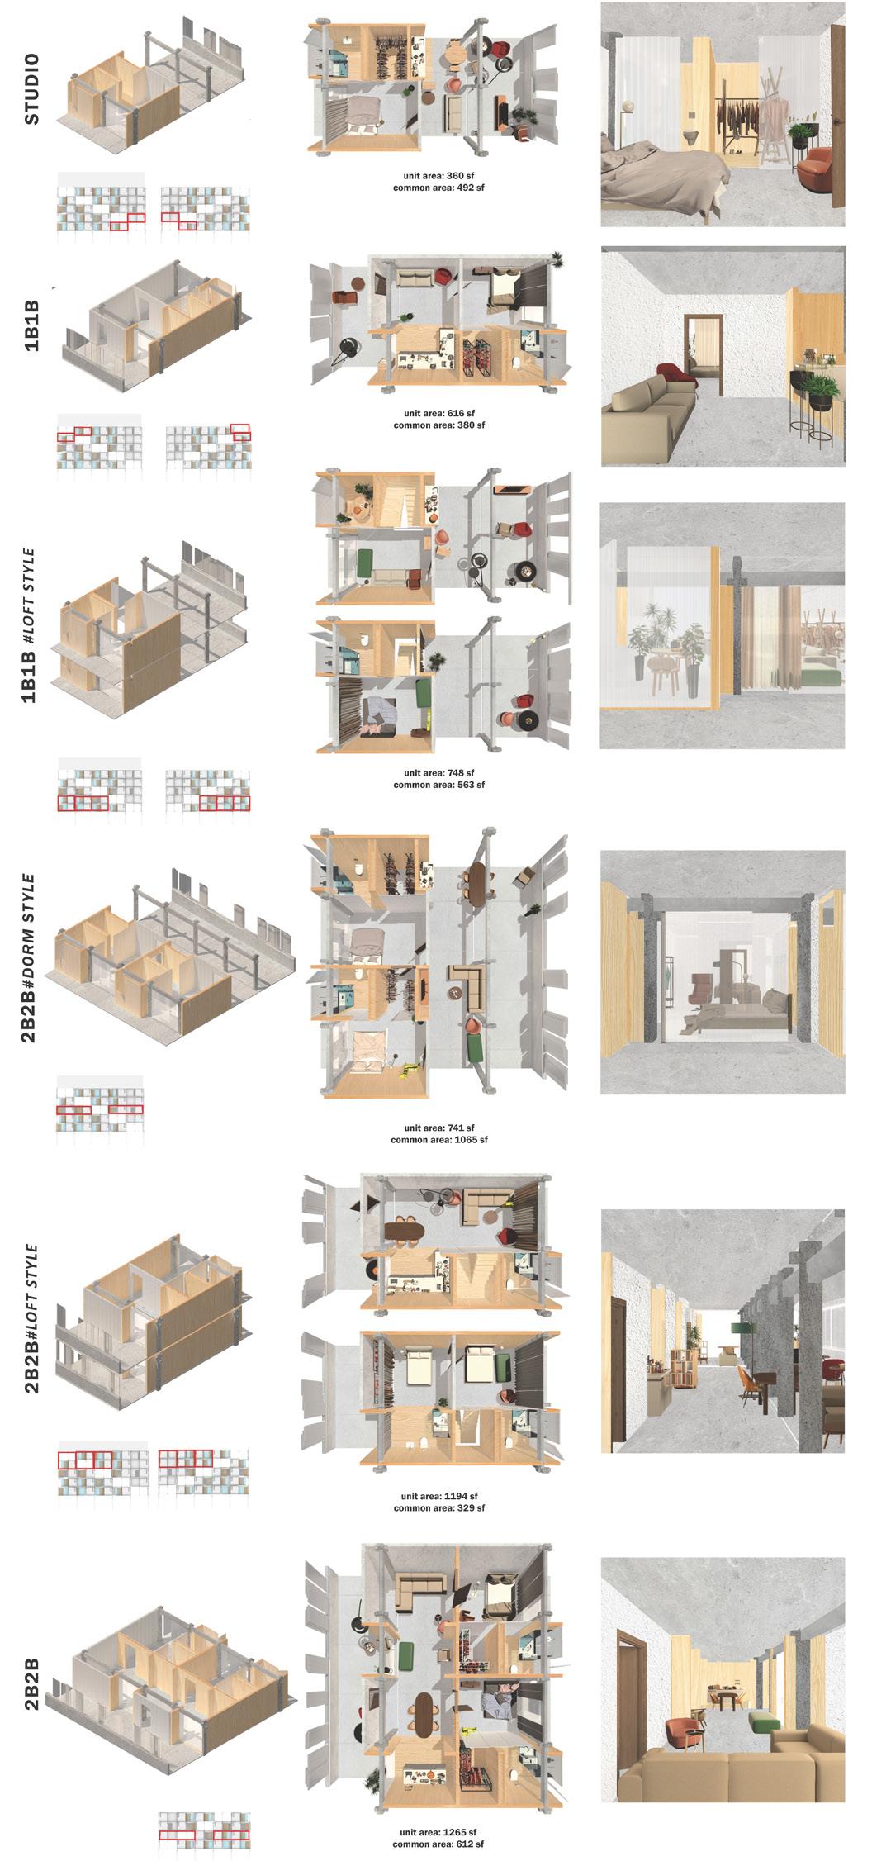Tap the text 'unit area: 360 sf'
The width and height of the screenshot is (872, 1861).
(x=438, y=176)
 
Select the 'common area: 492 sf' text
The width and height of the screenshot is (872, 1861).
(x=438, y=188)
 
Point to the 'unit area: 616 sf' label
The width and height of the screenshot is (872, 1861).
(x=438, y=413)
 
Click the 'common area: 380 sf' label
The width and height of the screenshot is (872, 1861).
(x=438, y=425)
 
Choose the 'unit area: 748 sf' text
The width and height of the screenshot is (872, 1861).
(x=438, y=773)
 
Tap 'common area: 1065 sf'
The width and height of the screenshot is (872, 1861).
(x=438, y=1139)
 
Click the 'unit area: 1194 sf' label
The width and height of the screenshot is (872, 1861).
(x=438, y=1496)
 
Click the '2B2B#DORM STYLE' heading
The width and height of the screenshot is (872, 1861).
(x=30, y=957)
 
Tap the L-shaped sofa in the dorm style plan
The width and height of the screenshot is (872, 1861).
(x=468, y=984)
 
